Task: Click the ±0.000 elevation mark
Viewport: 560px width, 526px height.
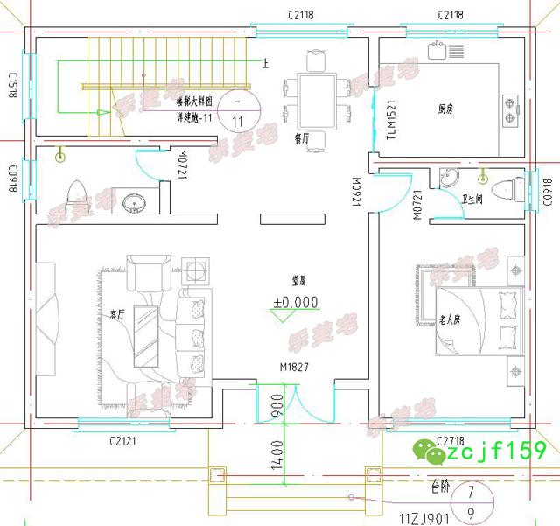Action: click(x=295, y=303)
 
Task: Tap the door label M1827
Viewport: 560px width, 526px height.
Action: click(x=295, y=368)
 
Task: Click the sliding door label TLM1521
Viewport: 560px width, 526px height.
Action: click(x=391, y=121)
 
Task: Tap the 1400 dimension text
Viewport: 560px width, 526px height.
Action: click(x=277, y=456)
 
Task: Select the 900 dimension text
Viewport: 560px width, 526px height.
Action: click(x=276, y=407)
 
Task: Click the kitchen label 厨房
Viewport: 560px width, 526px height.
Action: click(x=446, y=109)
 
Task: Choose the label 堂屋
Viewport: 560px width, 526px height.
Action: click(x=298, y=281)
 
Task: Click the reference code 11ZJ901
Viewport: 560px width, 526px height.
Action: click(x=424, y=518)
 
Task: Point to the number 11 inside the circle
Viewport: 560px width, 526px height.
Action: click(x=238, y=122)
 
